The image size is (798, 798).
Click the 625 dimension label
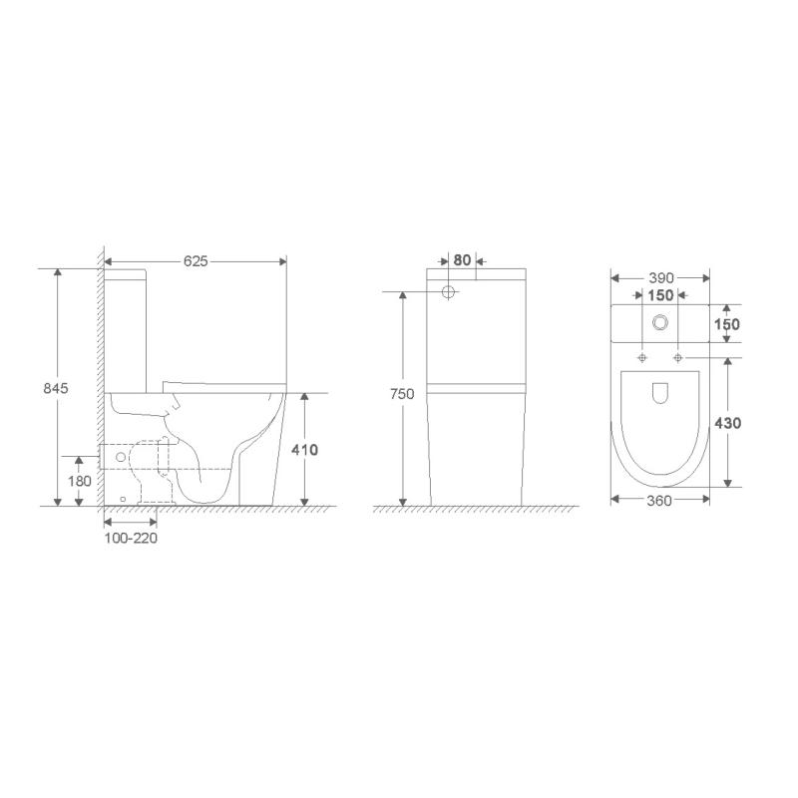click(196, 261)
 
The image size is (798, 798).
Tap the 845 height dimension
click(56, 388)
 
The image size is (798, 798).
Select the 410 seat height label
click(304, 450)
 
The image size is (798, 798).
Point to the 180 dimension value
click(80, 481)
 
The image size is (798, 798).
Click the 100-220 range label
click(131, 538)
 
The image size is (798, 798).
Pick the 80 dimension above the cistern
click(462, 260)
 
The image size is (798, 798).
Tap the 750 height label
click(402, 394)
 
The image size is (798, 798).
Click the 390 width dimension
click(661, 278)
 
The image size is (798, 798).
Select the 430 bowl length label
click(728, 423)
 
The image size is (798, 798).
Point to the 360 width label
click(659, 501)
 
